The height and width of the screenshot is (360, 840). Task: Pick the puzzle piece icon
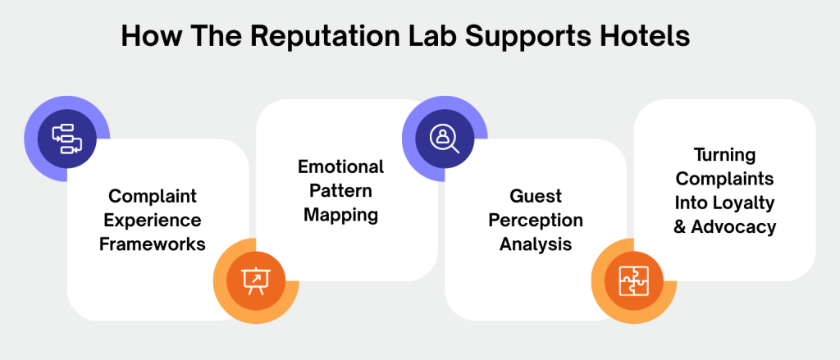tap(632, 280)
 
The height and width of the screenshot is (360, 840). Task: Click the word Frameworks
tap(157, 244)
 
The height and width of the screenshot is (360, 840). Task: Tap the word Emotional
tap(340, 167)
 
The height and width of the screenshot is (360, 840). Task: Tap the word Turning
tap(724, 154)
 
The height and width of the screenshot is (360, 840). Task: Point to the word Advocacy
tap(735, 226)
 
